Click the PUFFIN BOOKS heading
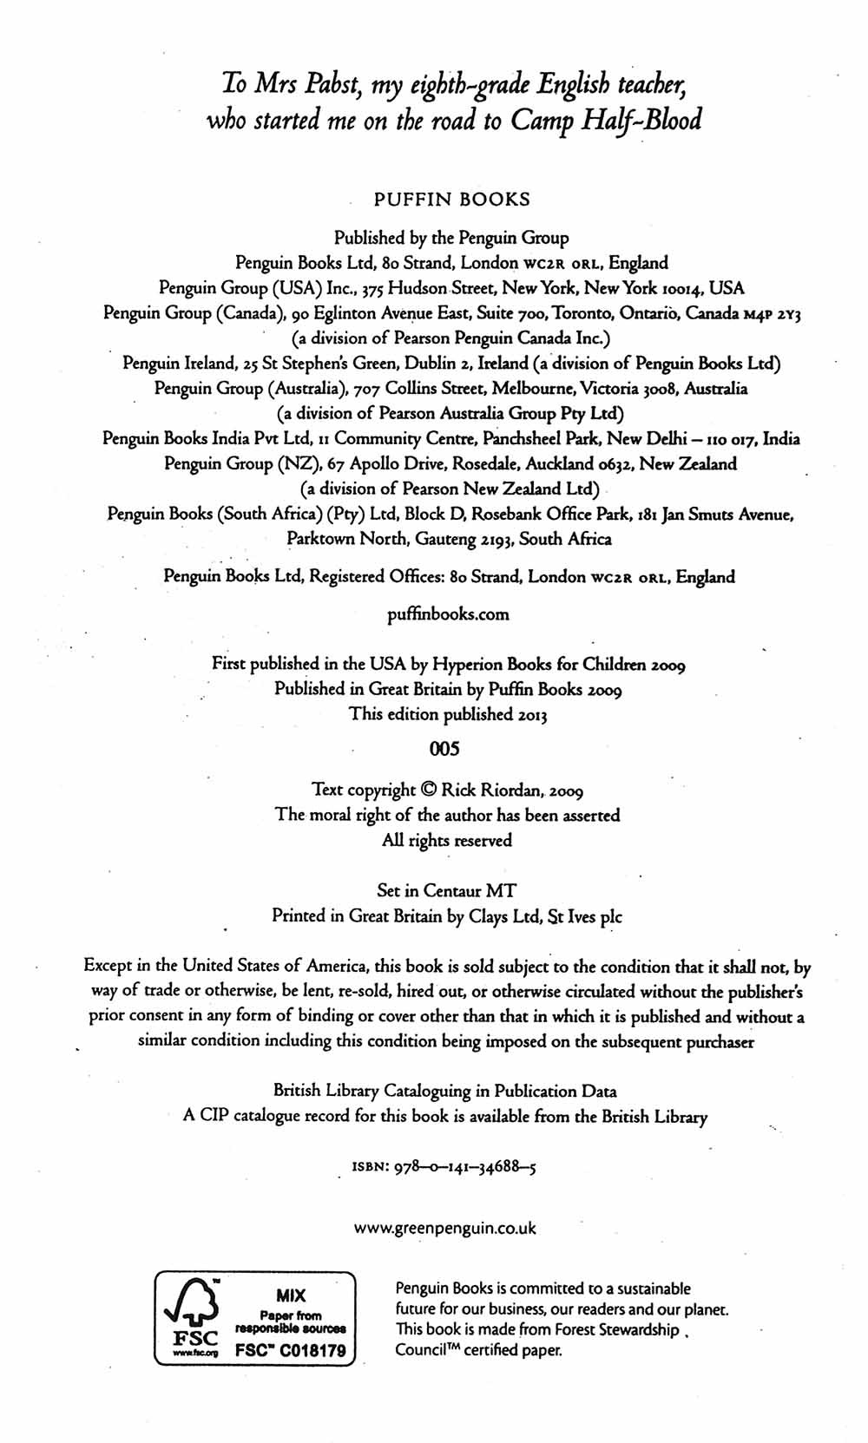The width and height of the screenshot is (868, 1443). click(x=451, y=199)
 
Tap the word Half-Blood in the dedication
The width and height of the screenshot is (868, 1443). click(x=651, y=120)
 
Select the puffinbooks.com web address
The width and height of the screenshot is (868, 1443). click(x=448, y=614)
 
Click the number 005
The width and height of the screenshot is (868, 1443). click(x=444, y=748)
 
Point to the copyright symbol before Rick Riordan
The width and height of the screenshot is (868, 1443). click(x=429, y=790)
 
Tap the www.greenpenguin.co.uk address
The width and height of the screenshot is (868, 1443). click(x=445, y=1228)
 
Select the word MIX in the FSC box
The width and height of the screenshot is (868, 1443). click(x=292, y=1295)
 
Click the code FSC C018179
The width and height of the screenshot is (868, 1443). click(x=291, y=1350)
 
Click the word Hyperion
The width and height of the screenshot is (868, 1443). click(x=464, y=665)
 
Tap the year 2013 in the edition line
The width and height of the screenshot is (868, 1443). click(x=532, y=714)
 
